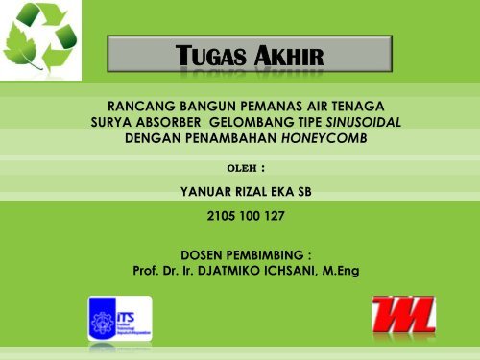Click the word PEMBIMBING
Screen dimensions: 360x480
point(267,254)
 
